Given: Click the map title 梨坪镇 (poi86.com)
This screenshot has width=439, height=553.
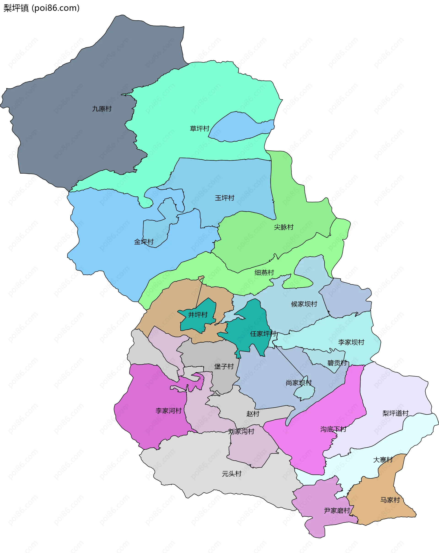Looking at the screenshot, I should point(42,8).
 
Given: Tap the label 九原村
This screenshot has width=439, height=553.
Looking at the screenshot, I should point(102,109).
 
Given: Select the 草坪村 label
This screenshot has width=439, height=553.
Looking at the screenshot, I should point(200,129).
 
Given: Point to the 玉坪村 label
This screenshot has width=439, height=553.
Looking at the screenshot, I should point(225,198).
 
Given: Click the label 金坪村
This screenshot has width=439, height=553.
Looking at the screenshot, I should point(144,242).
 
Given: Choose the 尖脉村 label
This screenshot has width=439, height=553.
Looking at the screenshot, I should point(284,227).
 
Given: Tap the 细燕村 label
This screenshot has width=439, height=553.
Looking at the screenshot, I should point(264,273).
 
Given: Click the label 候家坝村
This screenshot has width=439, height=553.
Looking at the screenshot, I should point(304,304).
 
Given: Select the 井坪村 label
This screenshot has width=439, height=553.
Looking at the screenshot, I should point(198,315).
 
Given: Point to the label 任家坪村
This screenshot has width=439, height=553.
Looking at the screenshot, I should point(263,334).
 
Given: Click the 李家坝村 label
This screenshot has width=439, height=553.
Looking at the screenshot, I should point(351,342).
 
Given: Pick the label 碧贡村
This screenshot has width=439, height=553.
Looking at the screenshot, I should point(337,363).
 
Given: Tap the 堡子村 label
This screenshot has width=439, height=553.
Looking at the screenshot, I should point(224,367).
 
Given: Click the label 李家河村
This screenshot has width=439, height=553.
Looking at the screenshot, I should point(169,411).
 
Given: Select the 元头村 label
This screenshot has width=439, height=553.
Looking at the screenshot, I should point(232,474).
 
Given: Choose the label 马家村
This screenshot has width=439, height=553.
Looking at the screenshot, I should point(390,500).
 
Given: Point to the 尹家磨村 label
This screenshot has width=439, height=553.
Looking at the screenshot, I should point(337,511).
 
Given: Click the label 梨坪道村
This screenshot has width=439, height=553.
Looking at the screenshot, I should point(395,413).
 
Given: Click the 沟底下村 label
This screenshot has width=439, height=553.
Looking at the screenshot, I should point(333,429).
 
